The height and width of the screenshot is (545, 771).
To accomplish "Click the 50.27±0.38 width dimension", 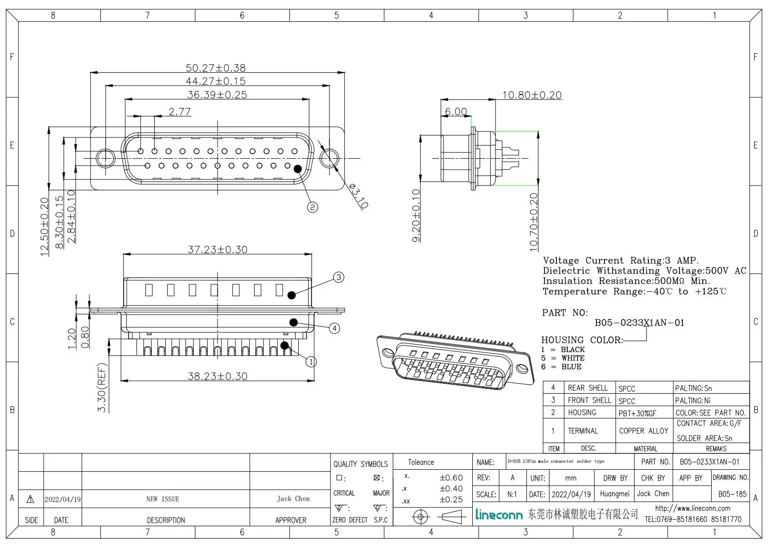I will pos(216,68).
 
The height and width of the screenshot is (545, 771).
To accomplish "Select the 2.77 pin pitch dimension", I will pos(180,112).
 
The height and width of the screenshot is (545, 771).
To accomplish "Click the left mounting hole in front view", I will pos(105,159).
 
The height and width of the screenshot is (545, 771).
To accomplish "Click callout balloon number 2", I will pos(313,207).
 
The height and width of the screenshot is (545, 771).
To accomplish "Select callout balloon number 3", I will pos(339,277).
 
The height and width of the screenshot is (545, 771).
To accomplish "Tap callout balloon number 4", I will pos(335,328).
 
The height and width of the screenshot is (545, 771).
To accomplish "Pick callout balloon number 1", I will pos(311,362).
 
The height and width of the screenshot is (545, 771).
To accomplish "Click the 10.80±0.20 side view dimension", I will pos(532,95).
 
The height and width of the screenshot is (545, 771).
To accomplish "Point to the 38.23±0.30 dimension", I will pos(218,376).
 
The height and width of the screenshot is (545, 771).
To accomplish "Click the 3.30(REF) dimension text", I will pos(102,388).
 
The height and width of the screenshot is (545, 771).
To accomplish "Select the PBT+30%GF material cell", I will pos(637,413).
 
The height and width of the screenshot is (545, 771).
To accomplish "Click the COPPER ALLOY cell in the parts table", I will pos(643,431).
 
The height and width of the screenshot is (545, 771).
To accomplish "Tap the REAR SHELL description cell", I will pos(588,388).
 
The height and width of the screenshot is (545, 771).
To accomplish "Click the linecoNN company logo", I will pos(499,515).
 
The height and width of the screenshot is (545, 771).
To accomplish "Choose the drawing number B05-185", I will pos(732,494).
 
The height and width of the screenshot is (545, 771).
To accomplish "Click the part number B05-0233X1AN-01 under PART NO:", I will pos(639,322).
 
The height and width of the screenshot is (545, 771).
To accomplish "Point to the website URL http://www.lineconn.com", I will pos(692,508).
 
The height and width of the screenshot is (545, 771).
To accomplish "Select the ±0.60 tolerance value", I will pos(451,478).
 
